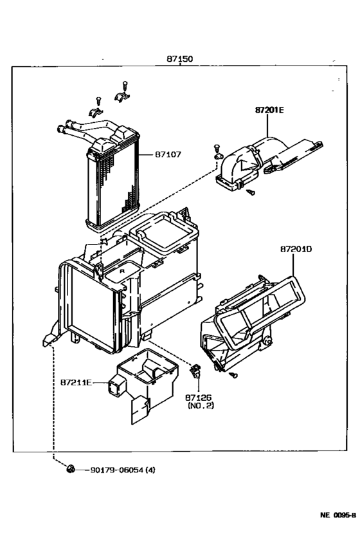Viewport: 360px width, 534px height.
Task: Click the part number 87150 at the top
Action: tap(180, 59)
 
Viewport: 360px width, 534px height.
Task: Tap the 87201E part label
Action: tap(269, 110)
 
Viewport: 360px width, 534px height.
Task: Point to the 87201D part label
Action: tap(296, 248)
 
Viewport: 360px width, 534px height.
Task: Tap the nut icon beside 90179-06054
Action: tap(71, 470)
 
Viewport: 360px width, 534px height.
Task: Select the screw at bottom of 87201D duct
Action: tap(233, 373)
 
